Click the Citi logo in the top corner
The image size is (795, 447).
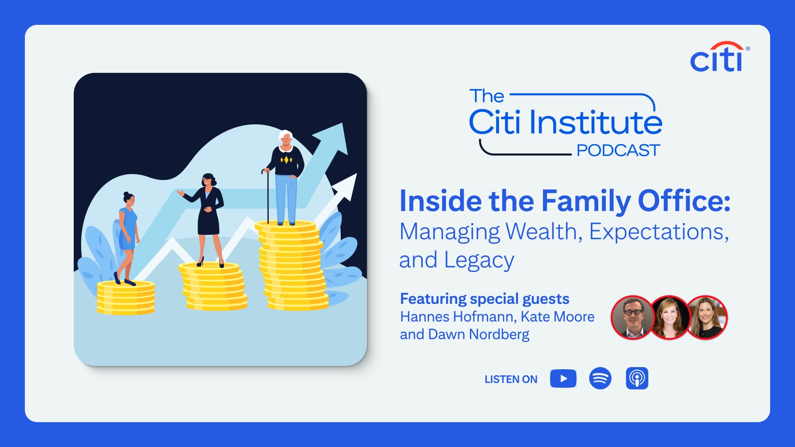(720, 57)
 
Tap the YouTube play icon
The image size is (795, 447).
(563, 378)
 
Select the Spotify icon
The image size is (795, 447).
(600, 378)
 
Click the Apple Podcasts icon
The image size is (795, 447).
(637, 378)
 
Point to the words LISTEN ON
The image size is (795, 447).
(511, 379)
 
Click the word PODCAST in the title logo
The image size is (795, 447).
(618, 150)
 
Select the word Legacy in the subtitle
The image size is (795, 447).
(479, 261)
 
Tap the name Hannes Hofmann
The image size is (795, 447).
(458, 317)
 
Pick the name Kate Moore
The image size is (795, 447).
(557, 317)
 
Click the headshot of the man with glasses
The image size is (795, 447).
(633, 317)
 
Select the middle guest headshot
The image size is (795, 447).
(670, 317)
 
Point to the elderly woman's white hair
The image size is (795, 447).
(285, 135)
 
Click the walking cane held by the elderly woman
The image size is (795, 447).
(267, 196)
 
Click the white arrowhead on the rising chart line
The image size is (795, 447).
(346, 187)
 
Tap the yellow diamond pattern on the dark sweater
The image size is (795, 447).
(286, 160)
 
